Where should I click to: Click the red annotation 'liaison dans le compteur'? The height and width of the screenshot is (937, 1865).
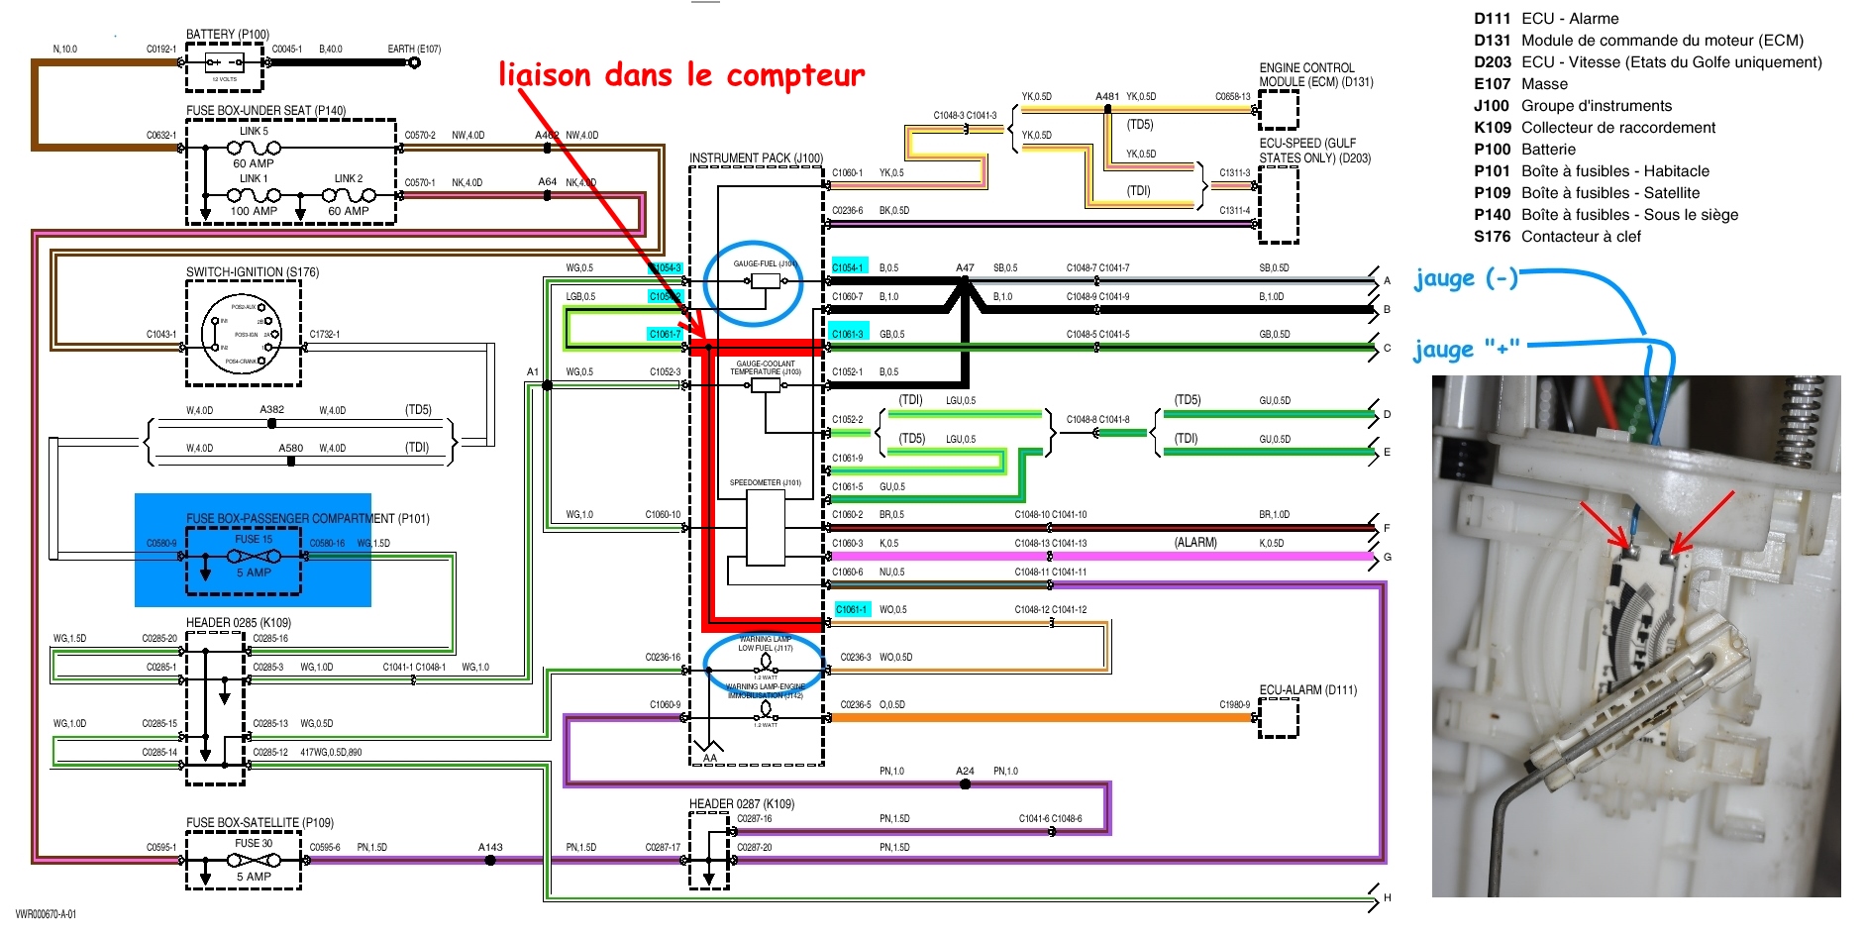[681, 75]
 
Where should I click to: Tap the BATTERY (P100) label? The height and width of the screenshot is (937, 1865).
[227, 34]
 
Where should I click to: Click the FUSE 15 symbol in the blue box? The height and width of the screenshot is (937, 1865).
[254, 556]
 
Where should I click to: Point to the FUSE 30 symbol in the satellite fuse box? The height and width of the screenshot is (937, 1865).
[254, 860]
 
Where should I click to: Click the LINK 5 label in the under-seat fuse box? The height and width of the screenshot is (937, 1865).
[254, 131]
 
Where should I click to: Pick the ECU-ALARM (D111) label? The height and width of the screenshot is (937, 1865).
[1307, 689]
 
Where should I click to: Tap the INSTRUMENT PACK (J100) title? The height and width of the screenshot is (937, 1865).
[756, 157]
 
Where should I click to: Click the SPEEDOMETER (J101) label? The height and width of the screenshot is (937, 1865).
[765, 482]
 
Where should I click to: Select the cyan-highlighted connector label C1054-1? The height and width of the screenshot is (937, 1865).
[847, 267]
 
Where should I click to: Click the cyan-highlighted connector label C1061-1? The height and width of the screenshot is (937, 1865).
[851, 609]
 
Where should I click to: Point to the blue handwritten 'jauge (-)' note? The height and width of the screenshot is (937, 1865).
[1465, 278]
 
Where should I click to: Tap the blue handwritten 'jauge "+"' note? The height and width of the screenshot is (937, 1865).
[1466, 349]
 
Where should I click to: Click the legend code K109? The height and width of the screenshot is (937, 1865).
[1492, 128]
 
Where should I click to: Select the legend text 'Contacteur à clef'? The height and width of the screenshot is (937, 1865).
[1581, 237]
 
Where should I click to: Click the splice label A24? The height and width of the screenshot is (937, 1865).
[965, 771]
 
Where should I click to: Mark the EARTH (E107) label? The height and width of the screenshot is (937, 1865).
[414, 49]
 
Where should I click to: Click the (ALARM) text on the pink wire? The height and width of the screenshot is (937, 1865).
[1195, 543]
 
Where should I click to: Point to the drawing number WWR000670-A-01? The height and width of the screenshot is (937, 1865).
[46, 914]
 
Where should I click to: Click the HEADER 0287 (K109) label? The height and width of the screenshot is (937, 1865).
[742, 803]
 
